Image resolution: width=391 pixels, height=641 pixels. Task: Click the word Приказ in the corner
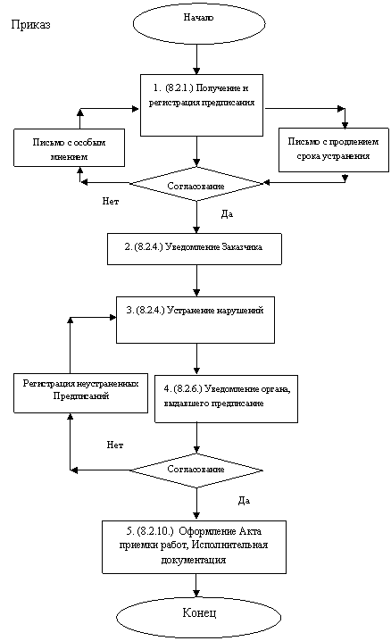(x=30, y=25)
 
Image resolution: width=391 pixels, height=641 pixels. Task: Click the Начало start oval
(x=199, y=23)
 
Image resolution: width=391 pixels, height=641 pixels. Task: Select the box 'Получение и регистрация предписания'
(x=202, y=105)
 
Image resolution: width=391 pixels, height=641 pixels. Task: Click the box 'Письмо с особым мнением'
(x=69, y=147)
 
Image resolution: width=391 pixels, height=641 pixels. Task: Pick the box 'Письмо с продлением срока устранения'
(x=333, y=150)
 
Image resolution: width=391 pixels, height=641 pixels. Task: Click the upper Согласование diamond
(x=196, y=184)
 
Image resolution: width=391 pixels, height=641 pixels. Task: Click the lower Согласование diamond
(x=196, y=470)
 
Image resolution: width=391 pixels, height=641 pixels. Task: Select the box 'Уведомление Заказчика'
(x=195, y=249)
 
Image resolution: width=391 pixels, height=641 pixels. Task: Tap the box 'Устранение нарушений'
(x=195, y=320)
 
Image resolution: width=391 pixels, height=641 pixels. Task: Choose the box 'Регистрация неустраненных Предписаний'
(x=80, y=393)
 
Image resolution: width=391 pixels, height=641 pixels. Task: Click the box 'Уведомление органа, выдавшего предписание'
(x=226, y=399)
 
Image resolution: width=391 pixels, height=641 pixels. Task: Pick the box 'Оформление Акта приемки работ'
(x=194, y=547)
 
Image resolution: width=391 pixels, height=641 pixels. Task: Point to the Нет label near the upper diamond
(x=111, y=202)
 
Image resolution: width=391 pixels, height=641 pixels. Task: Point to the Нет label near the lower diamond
(x=115, y=445)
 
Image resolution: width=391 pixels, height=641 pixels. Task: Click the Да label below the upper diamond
(x=227, y=214)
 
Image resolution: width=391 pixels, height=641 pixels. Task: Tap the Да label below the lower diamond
(x=244, y=501)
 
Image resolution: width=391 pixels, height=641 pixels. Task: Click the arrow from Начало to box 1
(x=197, y=59)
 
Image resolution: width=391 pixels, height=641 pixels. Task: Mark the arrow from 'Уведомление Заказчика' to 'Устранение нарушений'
(x=197, y=280)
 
